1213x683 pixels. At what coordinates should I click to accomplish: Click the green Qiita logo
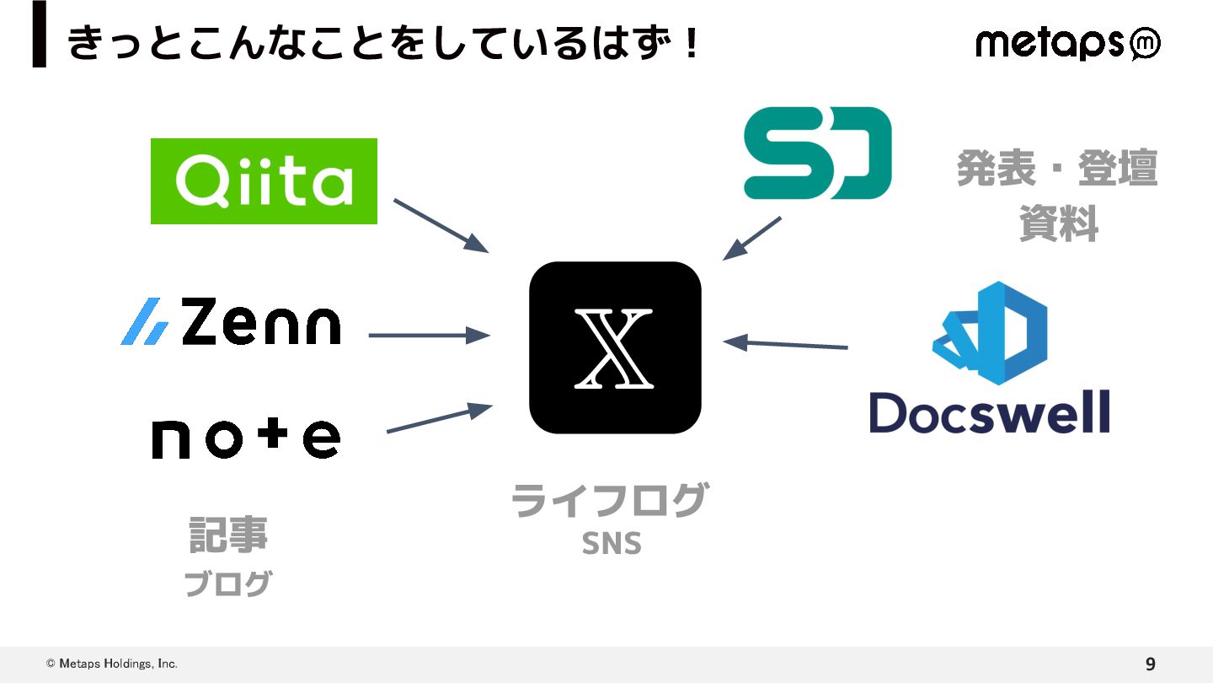click(x=264, y=181)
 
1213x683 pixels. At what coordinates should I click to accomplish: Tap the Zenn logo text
click(x=260, y=323)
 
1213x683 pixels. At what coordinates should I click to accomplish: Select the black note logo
click(x=246, y=438)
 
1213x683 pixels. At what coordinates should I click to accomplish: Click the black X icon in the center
click(x=615, y=347)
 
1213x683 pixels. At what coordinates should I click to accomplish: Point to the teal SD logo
click(x=816, y=153)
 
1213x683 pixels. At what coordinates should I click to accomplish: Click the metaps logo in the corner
click(x=1067, y=43)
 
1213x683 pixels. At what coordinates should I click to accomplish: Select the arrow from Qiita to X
click(x=440, y=225)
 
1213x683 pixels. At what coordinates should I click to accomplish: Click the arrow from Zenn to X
click(x=429, y=336)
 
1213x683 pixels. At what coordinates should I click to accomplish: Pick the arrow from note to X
click(x=438, y=419)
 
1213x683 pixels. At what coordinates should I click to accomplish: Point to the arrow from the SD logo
click(x=752, y=238)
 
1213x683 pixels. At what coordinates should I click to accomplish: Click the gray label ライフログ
click(x=608, y=501)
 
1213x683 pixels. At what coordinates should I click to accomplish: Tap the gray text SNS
click(x=612, y=545)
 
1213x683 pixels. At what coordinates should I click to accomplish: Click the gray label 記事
click(x=227, y=534)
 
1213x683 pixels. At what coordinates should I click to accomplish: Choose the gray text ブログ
click(x=227, y=584)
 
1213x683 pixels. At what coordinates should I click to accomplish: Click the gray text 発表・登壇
click(x=1057, y=169)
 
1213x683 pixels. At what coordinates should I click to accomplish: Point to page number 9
click(x=1150, y=664)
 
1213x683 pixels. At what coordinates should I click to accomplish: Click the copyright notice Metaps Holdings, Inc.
click(x=112, y=664)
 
